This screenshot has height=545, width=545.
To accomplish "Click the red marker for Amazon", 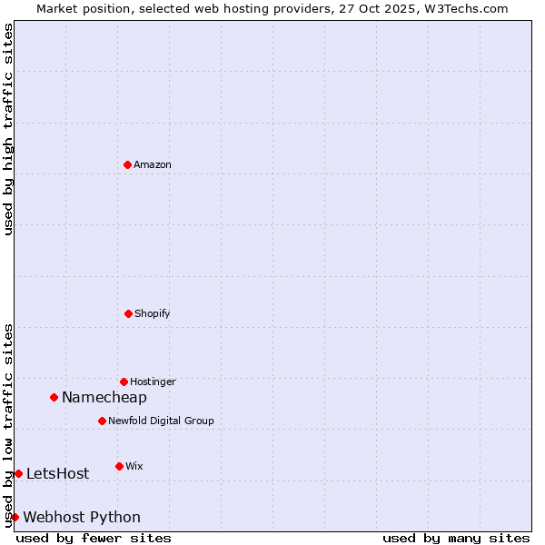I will tap(127, 164).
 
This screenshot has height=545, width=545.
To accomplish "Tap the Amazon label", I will tap(153, 164).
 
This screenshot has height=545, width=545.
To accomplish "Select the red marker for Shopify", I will tap(128, 313).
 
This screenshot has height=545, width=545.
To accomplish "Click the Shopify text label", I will tap(152, 313).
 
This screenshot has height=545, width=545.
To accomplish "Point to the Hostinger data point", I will tap(124, 381).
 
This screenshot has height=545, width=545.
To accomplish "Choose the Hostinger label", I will tap(153, 381).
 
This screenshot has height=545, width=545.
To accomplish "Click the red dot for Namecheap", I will tap(54, 397).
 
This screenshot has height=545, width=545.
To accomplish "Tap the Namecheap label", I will tap(104, 397).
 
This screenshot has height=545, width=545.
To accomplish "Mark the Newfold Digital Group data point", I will tap(102, 421).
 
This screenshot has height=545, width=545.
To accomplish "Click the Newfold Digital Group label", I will tap(161, 421).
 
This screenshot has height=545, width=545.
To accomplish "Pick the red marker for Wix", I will tap(119, 466).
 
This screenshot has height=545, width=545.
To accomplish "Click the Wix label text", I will tap(134, 466).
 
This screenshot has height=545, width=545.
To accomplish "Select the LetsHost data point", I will tap(18, 473).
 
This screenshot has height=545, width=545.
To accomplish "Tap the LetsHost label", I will tap(57, 473).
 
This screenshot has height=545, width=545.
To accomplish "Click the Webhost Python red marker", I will tap(15, 517).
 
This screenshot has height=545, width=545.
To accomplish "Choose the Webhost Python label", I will tap(82, 517).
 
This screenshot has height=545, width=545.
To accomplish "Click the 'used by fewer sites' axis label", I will tap(94, 538).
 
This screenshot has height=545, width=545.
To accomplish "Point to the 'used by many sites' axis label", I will tap(456, 538).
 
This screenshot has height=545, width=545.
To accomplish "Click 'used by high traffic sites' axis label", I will tap(8, 129).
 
